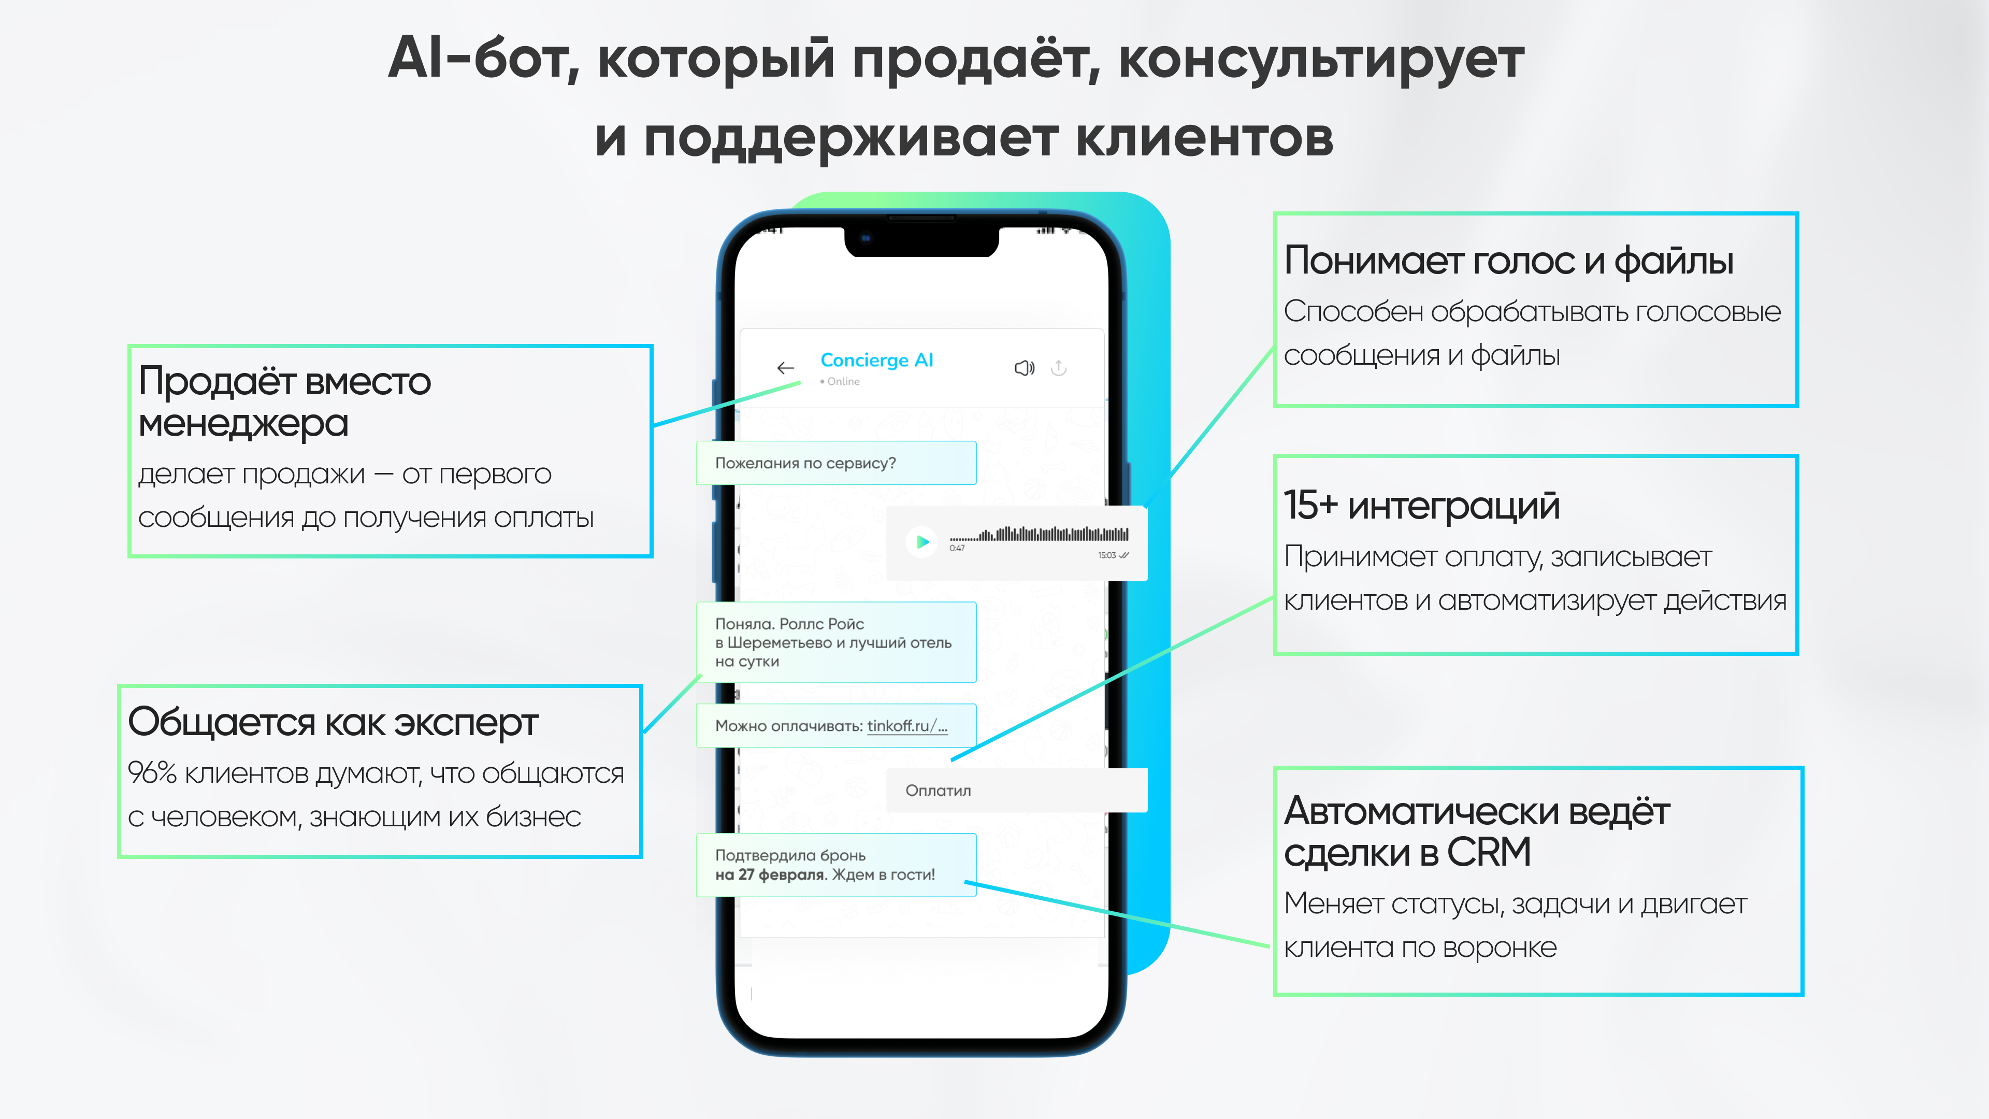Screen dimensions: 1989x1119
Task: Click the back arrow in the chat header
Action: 785,368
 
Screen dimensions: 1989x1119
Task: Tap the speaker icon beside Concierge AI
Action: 1024,368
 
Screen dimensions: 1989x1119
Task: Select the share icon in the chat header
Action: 1059,368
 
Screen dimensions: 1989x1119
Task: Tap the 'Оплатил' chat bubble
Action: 1017,790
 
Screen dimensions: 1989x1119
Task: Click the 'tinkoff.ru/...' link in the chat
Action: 907,726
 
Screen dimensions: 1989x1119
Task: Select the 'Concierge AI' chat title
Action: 876,360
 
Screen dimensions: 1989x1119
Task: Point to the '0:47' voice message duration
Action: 957,548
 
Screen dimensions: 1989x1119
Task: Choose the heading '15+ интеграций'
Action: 1421,505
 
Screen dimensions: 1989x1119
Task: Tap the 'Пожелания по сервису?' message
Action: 805,463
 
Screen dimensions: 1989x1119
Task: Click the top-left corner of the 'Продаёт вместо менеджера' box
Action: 129,345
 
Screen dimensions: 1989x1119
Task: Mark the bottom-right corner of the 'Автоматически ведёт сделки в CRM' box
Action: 1802,995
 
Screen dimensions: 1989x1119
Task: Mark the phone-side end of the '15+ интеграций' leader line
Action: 952,761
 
